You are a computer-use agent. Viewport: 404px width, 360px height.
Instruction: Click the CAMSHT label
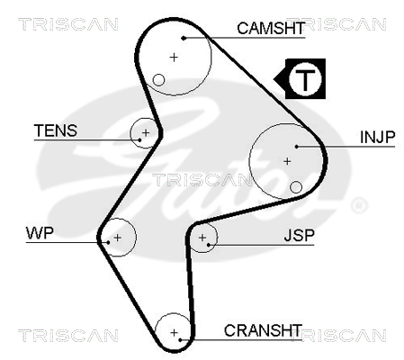(271, 28)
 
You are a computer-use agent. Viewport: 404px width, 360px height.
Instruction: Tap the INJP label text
(378, 137)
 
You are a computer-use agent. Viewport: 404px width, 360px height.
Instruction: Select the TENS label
(56, 130)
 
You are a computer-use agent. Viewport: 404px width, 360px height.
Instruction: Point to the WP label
(40, 233)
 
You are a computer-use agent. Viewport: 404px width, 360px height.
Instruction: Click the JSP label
(299, 236)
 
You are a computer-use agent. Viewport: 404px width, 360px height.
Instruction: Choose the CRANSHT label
(263, 330)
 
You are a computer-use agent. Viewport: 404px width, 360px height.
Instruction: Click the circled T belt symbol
(305, 79)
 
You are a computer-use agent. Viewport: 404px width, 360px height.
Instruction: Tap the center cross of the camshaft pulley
(174, 57)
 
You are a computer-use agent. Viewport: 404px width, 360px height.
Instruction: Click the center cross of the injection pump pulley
(287, 161)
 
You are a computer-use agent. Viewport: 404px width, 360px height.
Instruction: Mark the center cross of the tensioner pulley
(146, 132)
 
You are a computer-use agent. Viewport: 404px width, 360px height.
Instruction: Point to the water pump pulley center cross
(118, 238)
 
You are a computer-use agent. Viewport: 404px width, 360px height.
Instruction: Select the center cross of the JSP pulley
(202, 238)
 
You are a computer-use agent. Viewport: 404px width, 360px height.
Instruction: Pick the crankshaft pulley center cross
(174, 332)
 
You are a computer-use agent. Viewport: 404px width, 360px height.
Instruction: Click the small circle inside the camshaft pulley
(158, 80)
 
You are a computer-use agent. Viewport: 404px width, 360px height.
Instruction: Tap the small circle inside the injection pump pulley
(296, 187)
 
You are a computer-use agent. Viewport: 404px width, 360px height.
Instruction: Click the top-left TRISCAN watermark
(68, 24)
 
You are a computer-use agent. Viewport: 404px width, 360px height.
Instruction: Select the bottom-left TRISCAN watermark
(68, 336)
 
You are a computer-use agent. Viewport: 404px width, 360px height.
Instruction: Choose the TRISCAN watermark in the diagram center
(202, 180)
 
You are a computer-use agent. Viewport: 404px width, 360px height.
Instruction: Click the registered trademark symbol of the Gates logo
(359, 205)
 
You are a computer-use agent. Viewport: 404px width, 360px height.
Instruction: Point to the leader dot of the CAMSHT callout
(184, 38)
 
